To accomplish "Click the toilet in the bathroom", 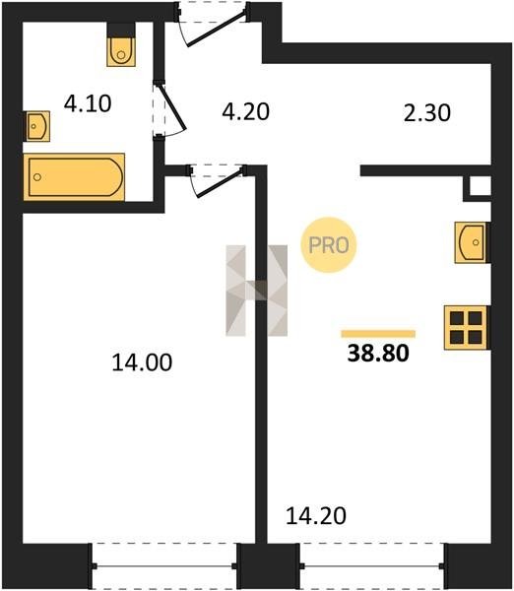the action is (121, 51).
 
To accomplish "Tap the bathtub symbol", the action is (74, 176).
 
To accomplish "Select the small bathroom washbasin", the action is (36, 126).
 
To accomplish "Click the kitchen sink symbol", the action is (471, 242).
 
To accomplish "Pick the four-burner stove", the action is (466, 328).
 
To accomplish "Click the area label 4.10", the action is (88, 103).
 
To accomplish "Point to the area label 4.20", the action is (246, 111).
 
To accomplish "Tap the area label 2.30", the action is (427, 113).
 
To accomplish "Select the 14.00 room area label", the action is (142, 362).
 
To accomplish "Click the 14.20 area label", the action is (316, 515).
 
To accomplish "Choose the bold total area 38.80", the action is (378, 354).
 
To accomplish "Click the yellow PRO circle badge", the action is (329, 245).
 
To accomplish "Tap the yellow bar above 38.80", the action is (378, 334).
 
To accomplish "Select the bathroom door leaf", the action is (173, 107).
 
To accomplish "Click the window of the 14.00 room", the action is (164, 565).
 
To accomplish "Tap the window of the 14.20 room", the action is (372, 565).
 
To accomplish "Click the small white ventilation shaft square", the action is (481, 186).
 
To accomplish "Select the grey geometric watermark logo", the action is (256, 291).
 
